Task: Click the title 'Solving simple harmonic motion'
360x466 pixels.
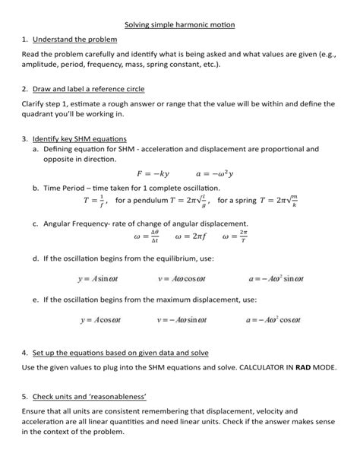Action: [180, 25]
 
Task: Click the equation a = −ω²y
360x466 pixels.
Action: [215, 173]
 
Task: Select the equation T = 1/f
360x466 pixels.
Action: [96, 201]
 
